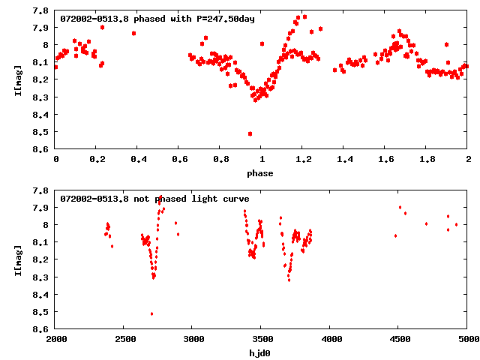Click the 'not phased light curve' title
tap(154, 199)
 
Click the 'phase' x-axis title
tap(262, 173)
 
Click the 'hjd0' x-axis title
tap(262, 352)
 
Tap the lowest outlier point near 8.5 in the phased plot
tap(250, 133)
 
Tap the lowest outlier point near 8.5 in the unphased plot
tap(151, 313)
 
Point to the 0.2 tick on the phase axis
tap(97, 149)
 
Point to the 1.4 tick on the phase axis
tap(344, 149)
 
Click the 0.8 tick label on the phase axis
tap(220, 160)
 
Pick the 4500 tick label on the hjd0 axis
tap(399, 340)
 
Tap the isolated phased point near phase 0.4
tap(133, 33)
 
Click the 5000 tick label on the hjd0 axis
tap(466, 340)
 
